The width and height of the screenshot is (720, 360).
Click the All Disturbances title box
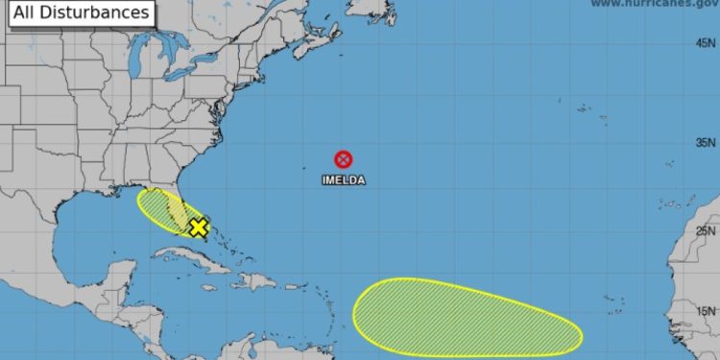[78, 13]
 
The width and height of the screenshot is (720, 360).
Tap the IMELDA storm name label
[343, 180]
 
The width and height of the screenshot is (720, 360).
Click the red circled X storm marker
[343, 159]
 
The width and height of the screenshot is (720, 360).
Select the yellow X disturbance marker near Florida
[199, 228]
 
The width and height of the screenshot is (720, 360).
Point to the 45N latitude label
[706, 43]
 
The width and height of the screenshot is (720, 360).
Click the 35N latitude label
[706, 143]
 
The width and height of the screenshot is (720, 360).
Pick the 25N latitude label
[706, 230]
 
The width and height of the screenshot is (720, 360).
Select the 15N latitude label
[706, 310]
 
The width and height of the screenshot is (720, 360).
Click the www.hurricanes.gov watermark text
[653, 4]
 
